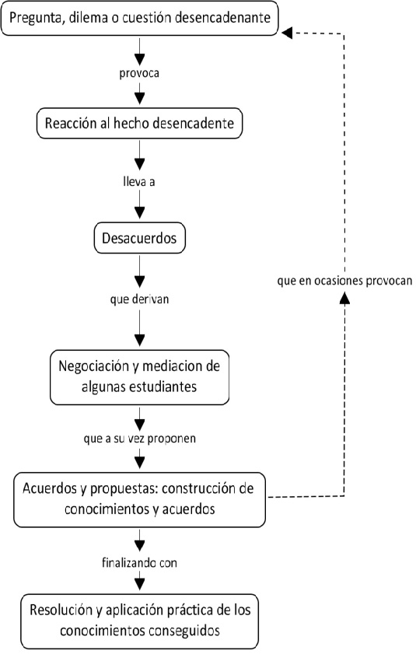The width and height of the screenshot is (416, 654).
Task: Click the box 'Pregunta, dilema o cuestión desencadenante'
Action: [x=139, y=19]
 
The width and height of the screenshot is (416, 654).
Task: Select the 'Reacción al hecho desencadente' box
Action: [x=139, y=123]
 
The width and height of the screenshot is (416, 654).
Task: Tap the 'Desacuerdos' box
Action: [x=139, y=238]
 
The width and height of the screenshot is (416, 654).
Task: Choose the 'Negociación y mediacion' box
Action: [x=139, y=377]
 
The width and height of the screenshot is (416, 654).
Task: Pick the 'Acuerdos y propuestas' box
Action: [x=139, y=499]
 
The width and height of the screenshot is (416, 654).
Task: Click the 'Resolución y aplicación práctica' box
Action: [x=139, y=621]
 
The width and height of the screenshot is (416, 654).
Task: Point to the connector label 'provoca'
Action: [x=139, y=73]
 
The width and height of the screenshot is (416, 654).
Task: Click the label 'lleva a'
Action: [x=139, y=181]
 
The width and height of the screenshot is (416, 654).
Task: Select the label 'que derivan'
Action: [x=139, y=299]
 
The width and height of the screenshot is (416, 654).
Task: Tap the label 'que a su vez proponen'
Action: [x=139, y=439]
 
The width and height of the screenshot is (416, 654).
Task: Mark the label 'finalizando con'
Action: [x=139, y=563]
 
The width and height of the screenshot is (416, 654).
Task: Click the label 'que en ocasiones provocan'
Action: [x=344, y=281]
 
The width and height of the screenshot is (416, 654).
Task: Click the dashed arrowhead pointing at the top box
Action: [x=287, y=33]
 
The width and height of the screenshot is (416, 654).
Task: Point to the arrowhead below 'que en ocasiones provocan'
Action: [x=344, y=298]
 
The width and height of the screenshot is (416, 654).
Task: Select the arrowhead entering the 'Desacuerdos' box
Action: [x=139, y=213]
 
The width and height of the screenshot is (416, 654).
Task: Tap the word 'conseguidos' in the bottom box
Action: [x=180, y=630]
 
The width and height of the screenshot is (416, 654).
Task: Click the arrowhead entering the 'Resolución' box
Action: [x=139, y=584]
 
